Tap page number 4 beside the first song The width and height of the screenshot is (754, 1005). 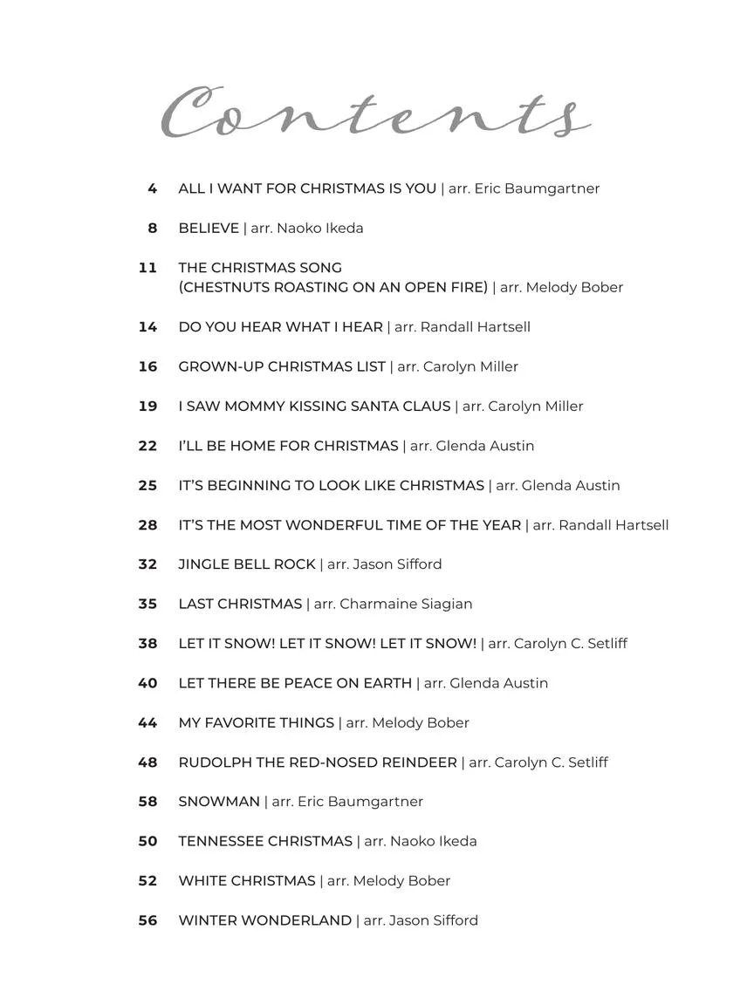(x=153, y=188)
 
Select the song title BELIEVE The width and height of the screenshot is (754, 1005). (x=209, y=229)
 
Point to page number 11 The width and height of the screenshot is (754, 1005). (x=147, y=268)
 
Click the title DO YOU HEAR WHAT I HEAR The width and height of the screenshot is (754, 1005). (x=280, y=327)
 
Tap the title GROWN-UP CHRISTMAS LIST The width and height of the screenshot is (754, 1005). (x=282, y=367)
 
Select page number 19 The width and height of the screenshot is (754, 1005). (x=147, y=407)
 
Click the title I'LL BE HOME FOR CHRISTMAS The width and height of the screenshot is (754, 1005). (x=288, y=446)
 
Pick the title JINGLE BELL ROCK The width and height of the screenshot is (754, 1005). (x=247, y=564)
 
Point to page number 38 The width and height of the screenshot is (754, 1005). (x=147, y=644)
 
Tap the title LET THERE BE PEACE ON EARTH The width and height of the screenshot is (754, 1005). (x=295, y=683)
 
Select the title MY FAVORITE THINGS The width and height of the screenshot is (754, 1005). (x=256, y=723)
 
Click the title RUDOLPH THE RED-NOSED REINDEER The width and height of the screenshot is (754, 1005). (x=318, y=762)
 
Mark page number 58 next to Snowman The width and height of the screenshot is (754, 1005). (x=147, y=802)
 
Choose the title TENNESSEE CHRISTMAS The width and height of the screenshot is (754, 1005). (x=265, y=842)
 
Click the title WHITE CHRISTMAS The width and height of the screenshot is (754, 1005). (x=247, y=881)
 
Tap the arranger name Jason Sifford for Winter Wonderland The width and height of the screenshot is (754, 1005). (x=434, y=920)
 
